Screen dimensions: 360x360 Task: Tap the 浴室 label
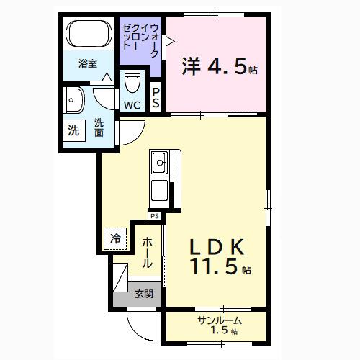point(88,63)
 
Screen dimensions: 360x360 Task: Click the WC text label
point(132,105)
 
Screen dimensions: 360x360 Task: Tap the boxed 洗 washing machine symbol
point(73,132)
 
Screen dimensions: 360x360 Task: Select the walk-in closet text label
point(142,42)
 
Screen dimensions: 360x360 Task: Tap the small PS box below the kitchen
point(154,215)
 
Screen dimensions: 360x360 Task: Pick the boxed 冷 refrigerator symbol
point(116,236)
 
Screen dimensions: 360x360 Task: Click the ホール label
point(146,253)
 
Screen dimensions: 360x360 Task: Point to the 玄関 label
point(143,294)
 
